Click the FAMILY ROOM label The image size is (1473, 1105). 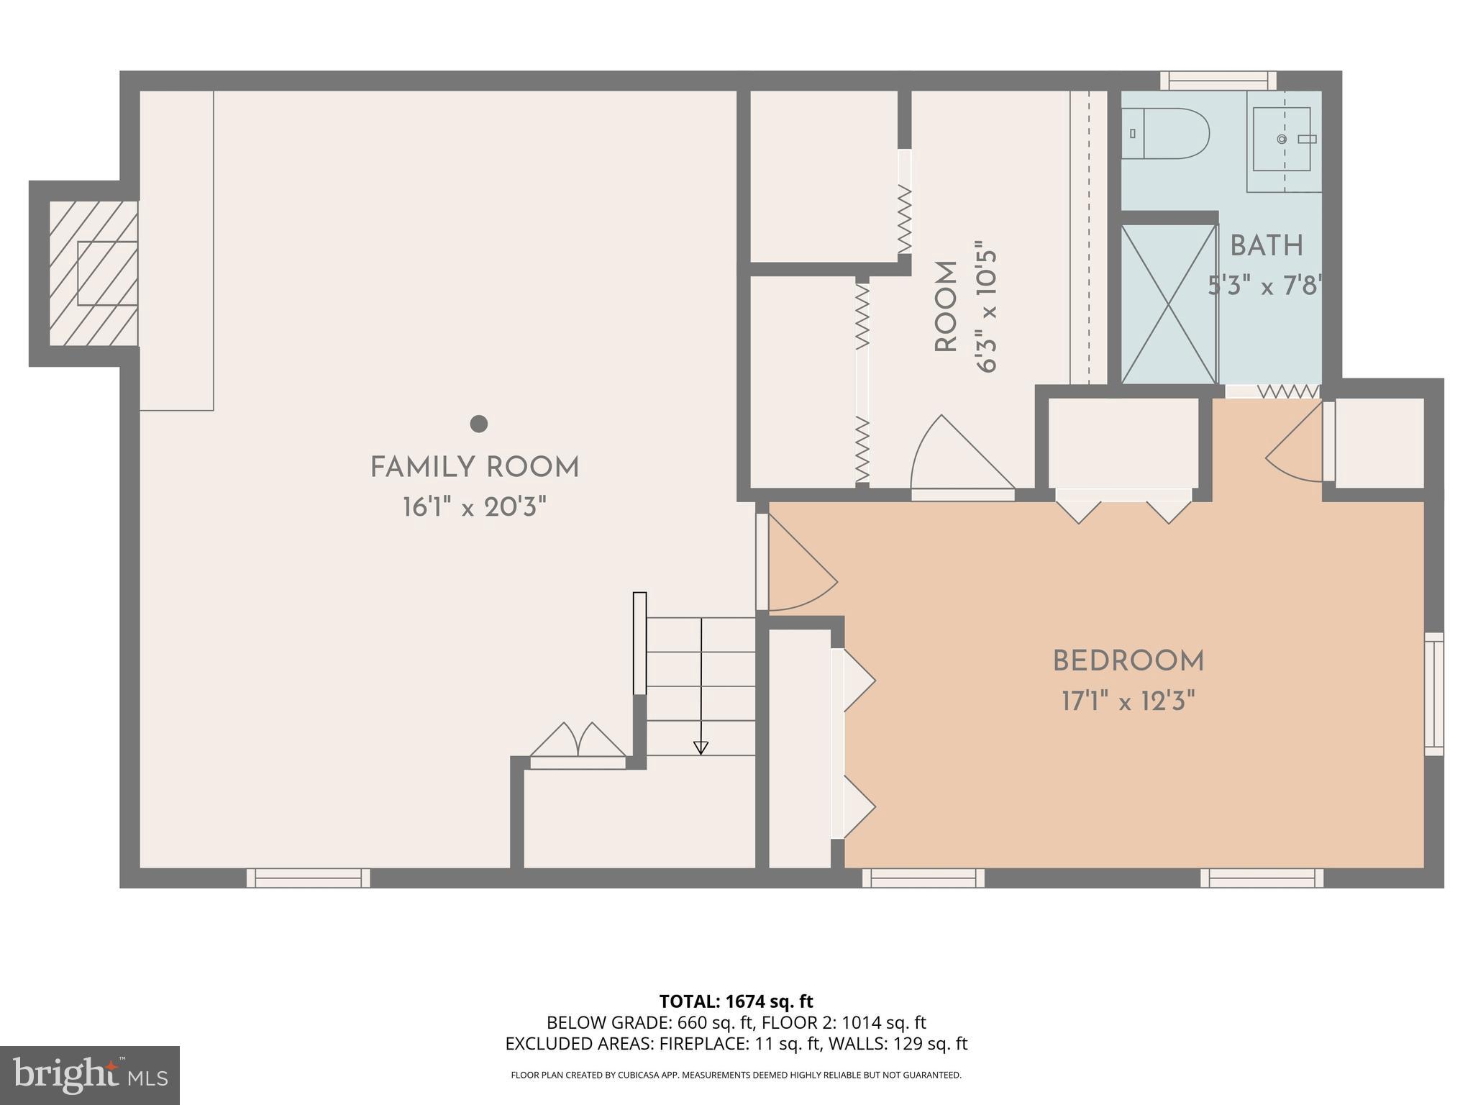tap(475, 468)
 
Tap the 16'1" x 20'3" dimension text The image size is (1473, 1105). tap(475, 508)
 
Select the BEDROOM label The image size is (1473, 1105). tap(1128, 661)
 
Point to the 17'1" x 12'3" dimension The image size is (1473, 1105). tap(1128, 701)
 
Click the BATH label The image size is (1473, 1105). tap(1267, 246)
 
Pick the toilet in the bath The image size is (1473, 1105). tap(1165, 134)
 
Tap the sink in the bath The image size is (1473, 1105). tap(1282, 139)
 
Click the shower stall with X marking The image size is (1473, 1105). tap(1169, 304)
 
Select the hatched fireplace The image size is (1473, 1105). tap(94, 273)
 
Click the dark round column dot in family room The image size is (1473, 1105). tap(479, 424)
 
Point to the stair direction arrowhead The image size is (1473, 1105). tap(701, 748)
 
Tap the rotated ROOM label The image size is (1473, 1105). tap(946, 306)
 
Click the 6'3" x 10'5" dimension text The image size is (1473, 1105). tap(987, 311)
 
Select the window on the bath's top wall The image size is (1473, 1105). tap(1218, 81)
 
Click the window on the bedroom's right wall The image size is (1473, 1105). tap(1433, 694)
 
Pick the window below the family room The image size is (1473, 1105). tap(308, 878)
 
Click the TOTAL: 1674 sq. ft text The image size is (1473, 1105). tap(736, 1001)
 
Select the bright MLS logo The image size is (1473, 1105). tap(89, 1075)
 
